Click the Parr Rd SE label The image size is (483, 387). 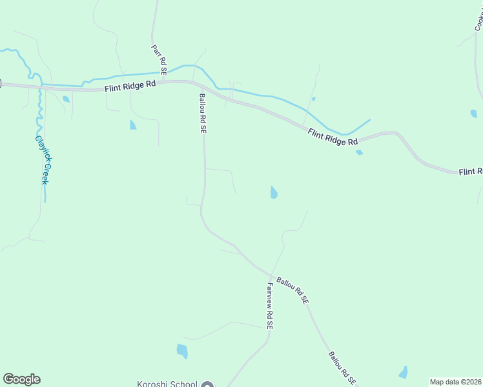coord(159,59)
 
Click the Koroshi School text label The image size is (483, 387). coord(167,384)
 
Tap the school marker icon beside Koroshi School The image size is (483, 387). coord(207,385)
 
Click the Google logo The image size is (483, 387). coord(21,379)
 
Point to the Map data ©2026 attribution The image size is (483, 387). coord(456,382)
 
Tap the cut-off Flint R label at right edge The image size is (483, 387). coord(471,172)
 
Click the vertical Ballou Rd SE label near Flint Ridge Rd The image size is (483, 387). coord(202,113)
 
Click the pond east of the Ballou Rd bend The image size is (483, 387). coord(274,192)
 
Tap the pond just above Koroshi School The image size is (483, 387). coord(182,351)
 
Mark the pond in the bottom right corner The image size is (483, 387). coord(404,372)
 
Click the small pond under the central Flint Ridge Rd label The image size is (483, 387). coord(359,153)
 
